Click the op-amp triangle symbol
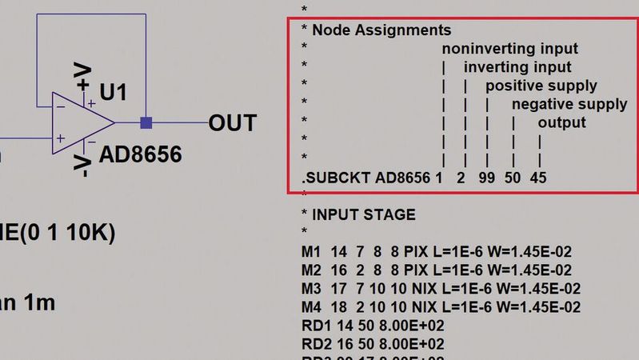tap(80, 123)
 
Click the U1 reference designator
tap(114, 93)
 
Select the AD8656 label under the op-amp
tap(140, 154)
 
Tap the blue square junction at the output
tap(146, 123)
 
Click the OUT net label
tap(232, 123)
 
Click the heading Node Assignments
tap(381, 30)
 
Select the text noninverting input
tap(509, 49)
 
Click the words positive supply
tap(541, 86)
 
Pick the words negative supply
tap(569, 104)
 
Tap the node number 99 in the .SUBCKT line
tap(486, 178)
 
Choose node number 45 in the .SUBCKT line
tap(538, 178)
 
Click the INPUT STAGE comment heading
tap(364, 214)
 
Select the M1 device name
tap(310, 251)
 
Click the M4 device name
tap(310, 306)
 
